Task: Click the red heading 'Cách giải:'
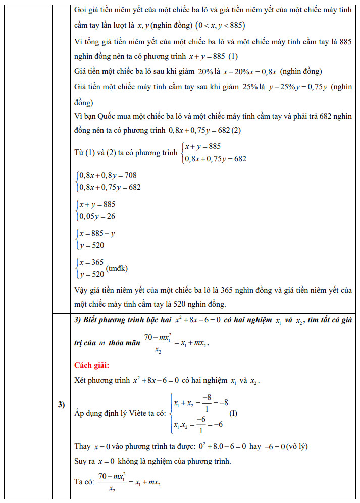(91, 365)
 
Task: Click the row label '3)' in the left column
(61, 405)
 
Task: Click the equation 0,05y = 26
(96, 217)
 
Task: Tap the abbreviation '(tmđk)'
(117, 268)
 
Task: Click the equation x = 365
(91, 262)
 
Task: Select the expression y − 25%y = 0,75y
(297, 86)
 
